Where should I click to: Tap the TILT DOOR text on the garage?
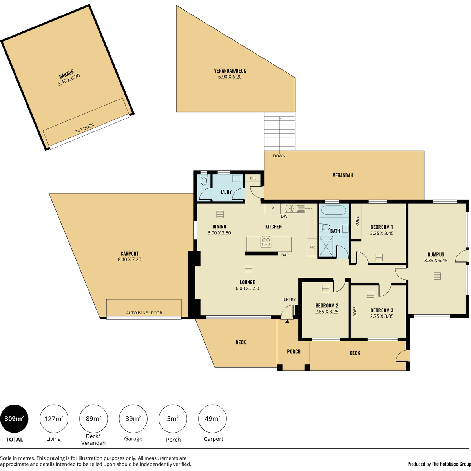click(84, 128)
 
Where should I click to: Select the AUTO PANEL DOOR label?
click(144, 312)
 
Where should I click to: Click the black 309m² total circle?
click(14, 419)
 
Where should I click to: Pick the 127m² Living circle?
click(54, 419)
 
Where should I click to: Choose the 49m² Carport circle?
click(212, 419)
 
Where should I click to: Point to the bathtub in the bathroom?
click(333, 210)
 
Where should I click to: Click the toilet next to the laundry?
click(204, 180)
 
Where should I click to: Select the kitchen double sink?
click(295, 208)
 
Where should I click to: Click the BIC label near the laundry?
click(253, 178)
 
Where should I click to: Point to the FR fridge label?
click(312, 247)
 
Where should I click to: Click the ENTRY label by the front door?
click(289, 299)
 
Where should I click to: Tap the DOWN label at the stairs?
click(279, 156)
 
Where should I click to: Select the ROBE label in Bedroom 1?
click(357, 221)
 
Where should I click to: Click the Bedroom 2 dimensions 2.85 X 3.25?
click(327, 312)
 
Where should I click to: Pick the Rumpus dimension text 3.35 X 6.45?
click(436, 261)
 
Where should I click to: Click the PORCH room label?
click(294, 351)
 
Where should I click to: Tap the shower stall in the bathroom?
click(326, 246)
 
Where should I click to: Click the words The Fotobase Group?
click(451, 464)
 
